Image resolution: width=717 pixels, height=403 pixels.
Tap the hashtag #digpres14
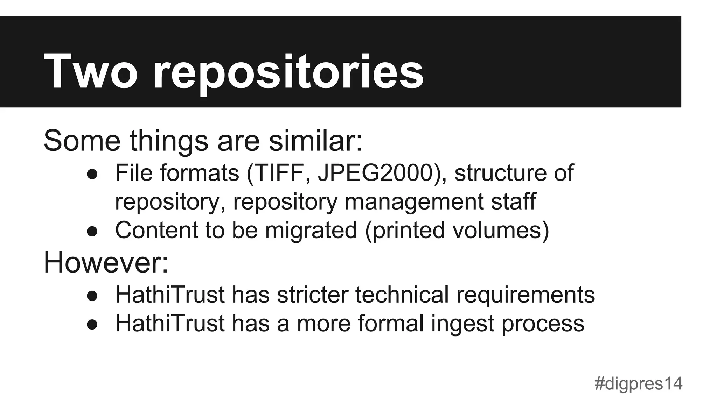tap(638, 383)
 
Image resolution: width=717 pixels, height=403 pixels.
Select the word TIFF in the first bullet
tap(278, 173)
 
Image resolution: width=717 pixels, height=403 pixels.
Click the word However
tap(105, 262)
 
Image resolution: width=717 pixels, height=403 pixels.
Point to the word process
tap(543, 324)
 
